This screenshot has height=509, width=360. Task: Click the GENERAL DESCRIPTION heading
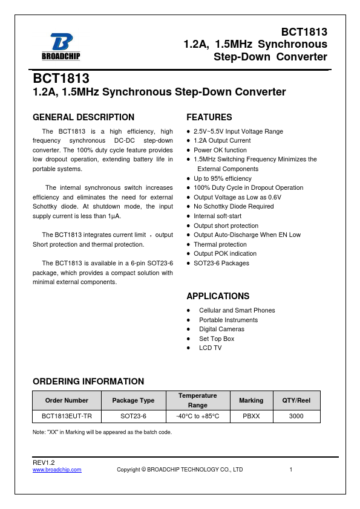[83, 117]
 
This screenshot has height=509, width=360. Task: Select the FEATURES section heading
[209, 117]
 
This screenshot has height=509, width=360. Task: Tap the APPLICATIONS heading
[218, 296]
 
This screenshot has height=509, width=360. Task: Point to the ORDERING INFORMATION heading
[88, 381]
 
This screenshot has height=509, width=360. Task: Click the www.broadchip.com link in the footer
[57, 470]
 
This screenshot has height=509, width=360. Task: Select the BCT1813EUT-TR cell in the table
[67, 417]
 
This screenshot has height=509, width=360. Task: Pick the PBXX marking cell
[251, 417]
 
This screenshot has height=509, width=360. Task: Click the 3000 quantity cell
[296, 417]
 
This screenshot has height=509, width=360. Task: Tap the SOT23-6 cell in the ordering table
[133, 417]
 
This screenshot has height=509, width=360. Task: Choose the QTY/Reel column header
[296, 400]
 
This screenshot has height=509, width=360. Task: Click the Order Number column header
[67, 400]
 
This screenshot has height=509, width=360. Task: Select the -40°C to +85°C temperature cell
[197, 417]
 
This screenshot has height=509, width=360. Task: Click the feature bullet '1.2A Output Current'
[222, 141]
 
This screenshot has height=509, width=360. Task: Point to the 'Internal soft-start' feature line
[217, 216]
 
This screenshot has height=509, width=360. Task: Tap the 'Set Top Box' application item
[217, 339]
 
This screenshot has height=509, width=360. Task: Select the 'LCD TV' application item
[210, 348]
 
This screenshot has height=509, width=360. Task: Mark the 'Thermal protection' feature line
[220, 244]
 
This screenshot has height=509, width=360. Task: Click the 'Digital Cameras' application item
[221, 329]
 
